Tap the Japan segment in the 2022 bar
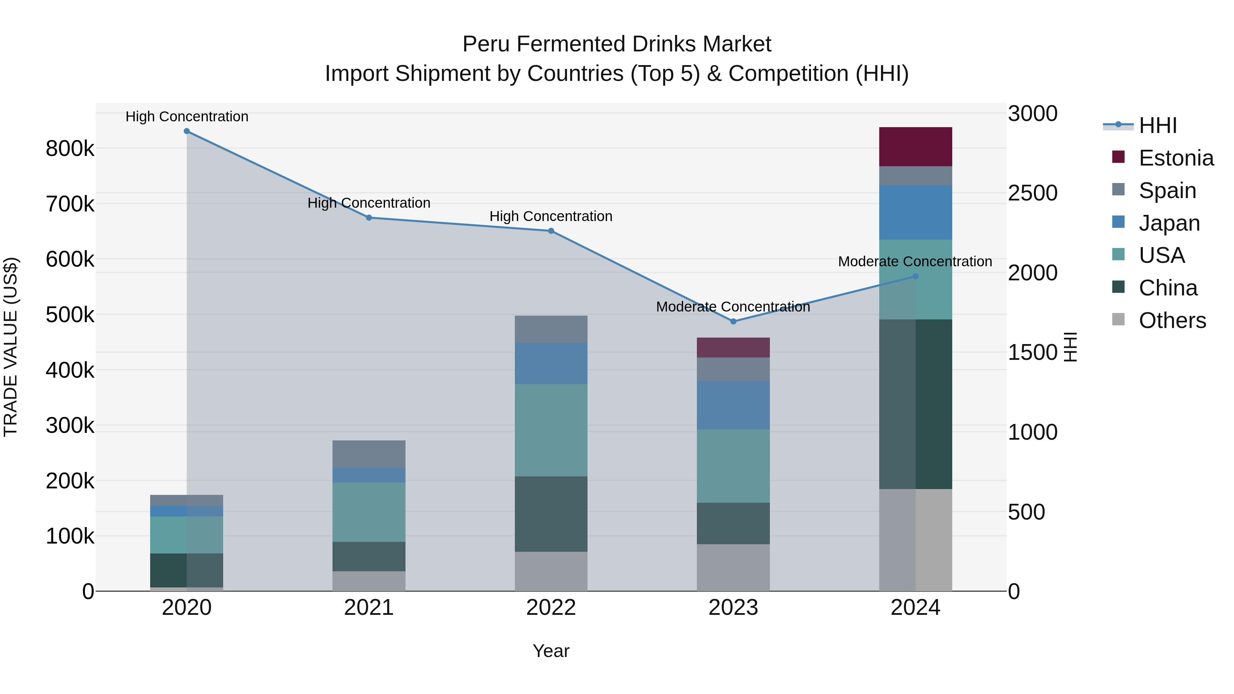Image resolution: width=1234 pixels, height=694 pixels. click(551, 363)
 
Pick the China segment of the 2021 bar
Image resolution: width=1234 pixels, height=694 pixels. click(369, 556)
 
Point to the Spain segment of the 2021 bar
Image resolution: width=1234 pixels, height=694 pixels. click(369, 453)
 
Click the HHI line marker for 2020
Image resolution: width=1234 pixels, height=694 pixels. click(187, 131)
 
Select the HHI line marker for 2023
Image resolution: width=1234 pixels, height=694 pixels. click(733, 321)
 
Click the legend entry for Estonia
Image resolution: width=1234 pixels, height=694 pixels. click(1176, 158)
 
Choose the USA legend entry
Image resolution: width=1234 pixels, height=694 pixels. click(1161, 255)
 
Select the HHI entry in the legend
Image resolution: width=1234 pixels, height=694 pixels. click(1157, 125)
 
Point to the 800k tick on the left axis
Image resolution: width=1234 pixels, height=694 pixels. click(70, 149)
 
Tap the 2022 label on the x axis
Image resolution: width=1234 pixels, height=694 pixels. click(551, 608)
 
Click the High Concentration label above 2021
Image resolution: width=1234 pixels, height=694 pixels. click(369, 203)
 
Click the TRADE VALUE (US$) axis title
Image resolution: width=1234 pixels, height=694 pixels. click(11, 347)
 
